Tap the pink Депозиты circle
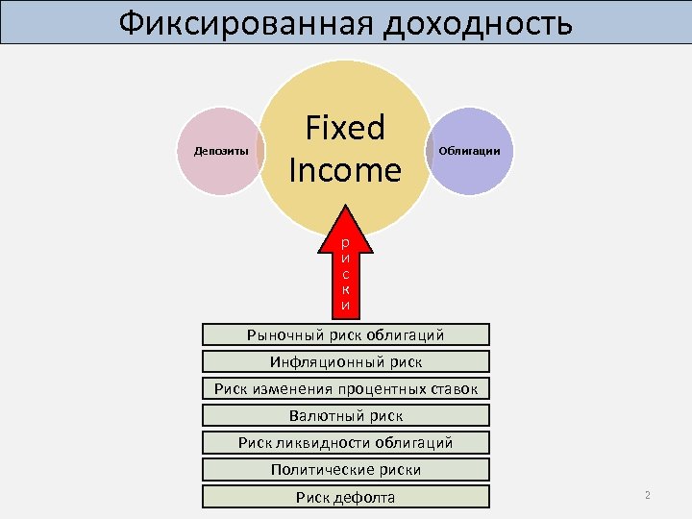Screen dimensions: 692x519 [x=222, y=151]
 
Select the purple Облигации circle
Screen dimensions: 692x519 [x=469, y=151]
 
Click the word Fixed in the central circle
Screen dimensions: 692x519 [x=344, y=128]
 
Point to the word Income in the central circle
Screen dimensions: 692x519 [x=344, y=170]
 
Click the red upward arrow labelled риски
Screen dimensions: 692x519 [x=345, y=270]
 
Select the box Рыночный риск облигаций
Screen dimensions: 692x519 [x=345, y=334]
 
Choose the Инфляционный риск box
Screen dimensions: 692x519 [x=345, y=361]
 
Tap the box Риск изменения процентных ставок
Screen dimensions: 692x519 [x=345, y=388]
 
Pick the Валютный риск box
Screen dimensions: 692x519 [x=345, y=415]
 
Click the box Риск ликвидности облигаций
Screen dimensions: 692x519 [x=345, y=442]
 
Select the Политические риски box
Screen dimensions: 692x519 [x=345, y=469]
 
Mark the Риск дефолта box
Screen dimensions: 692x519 [x=345, y=497]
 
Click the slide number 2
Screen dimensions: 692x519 [x=648, y=495]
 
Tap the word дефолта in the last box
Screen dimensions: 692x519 [x=364, y=497]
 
